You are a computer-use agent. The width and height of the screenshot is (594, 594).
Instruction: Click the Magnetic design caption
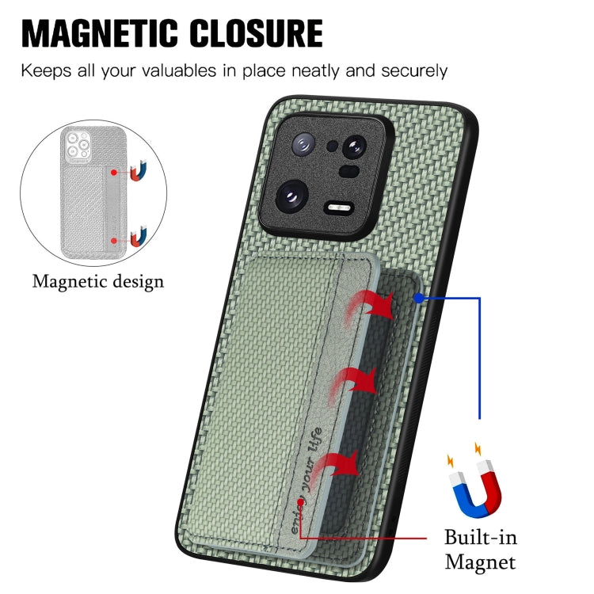98,281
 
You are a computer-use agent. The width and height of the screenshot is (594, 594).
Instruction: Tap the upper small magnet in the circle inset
139,170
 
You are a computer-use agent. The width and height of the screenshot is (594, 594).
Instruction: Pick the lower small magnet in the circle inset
139,238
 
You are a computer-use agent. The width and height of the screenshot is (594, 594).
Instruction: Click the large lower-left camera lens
291,194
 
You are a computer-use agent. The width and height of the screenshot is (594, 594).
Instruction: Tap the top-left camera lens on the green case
303,144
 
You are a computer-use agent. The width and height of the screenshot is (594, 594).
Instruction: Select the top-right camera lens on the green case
354,146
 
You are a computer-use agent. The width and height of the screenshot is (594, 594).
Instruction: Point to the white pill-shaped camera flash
338,208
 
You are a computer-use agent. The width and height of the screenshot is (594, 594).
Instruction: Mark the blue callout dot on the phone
418,298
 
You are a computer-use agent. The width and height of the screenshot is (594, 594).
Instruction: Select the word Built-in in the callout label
480,539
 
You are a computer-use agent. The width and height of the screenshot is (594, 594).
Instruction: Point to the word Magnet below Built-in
480,563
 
